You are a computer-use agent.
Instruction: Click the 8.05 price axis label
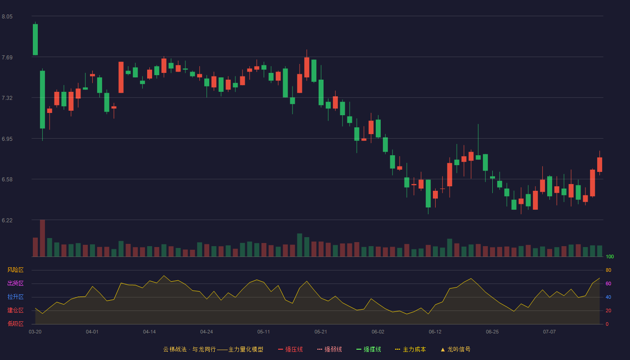click(7, 17)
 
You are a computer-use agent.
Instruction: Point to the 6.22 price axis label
click(7, 220)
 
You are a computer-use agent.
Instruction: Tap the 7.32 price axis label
click(7, 98)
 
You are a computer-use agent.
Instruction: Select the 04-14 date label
click(149, 332)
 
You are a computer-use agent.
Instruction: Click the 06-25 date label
click(492, 332)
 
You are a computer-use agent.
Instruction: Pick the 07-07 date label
click(549, 332)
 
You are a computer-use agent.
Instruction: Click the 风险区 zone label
click(15, 270)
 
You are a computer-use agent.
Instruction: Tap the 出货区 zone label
click(15, 283)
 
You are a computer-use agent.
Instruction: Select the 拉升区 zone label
click(15, 297)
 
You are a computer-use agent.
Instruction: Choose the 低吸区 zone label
click(15, 324)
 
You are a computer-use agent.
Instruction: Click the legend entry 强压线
click(290, 349)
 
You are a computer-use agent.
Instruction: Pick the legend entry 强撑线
click(369, 349)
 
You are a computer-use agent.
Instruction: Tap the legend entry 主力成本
click(410, 349)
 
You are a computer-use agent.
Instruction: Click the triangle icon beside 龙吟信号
click(443, 350)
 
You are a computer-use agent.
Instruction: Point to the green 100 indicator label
click(610, 256)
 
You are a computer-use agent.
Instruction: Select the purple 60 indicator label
click(608, 283)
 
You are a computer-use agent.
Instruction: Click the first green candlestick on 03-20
click(35, 40)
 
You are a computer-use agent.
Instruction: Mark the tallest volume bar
click(42, 238)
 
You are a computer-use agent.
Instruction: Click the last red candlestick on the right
click(599, 164)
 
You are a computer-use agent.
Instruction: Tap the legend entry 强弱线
click(329, 349)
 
